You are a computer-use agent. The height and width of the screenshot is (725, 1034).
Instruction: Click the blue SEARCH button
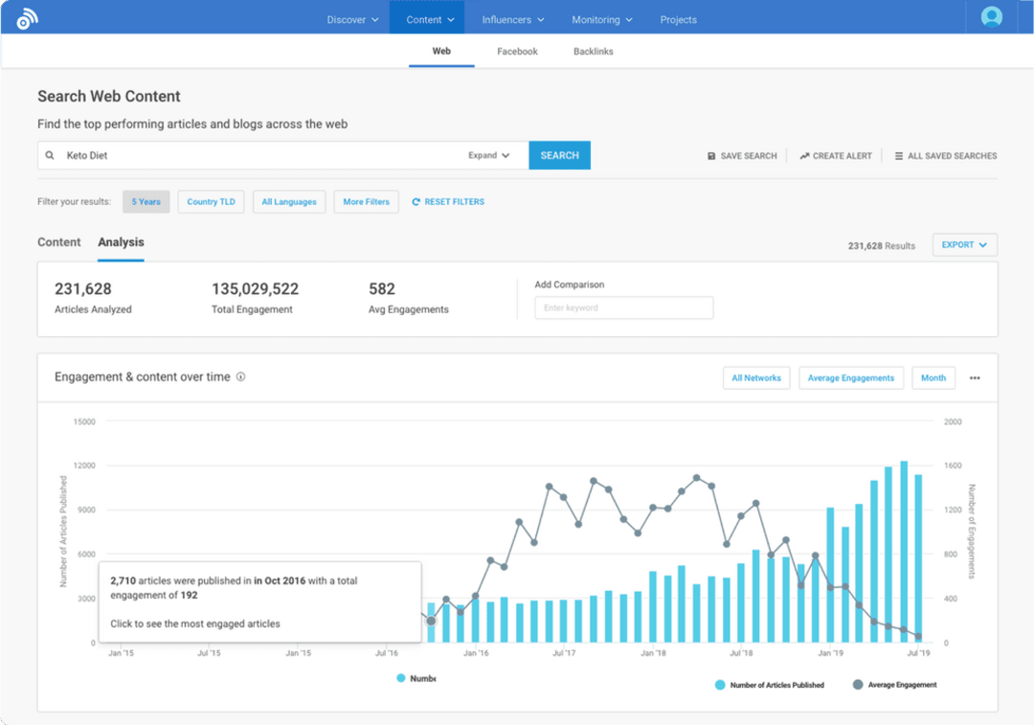559,155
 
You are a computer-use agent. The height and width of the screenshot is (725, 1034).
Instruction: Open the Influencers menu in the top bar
513,19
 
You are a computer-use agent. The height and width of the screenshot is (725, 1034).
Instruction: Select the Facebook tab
517,52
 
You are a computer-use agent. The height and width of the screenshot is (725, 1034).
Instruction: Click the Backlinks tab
593,52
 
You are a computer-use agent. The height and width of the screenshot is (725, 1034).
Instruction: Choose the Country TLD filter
211,202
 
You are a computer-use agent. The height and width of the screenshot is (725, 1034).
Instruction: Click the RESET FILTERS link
448,202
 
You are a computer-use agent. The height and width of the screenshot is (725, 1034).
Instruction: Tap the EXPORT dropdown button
964,245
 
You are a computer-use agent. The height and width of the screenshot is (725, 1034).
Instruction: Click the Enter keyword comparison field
623,307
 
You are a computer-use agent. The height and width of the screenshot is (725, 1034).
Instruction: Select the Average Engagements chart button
850,377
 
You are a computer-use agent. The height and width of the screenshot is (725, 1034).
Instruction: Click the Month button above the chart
933,377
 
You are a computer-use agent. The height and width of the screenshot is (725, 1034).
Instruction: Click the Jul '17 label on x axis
564,653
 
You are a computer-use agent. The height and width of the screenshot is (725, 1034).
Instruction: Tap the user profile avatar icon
992,17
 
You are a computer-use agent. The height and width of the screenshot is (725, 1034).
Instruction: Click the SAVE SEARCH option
742,156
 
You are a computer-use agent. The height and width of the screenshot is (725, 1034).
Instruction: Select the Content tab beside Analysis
59,242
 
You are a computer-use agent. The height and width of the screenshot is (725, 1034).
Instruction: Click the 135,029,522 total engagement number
255,288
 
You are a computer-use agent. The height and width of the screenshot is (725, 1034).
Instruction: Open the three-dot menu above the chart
975,377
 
